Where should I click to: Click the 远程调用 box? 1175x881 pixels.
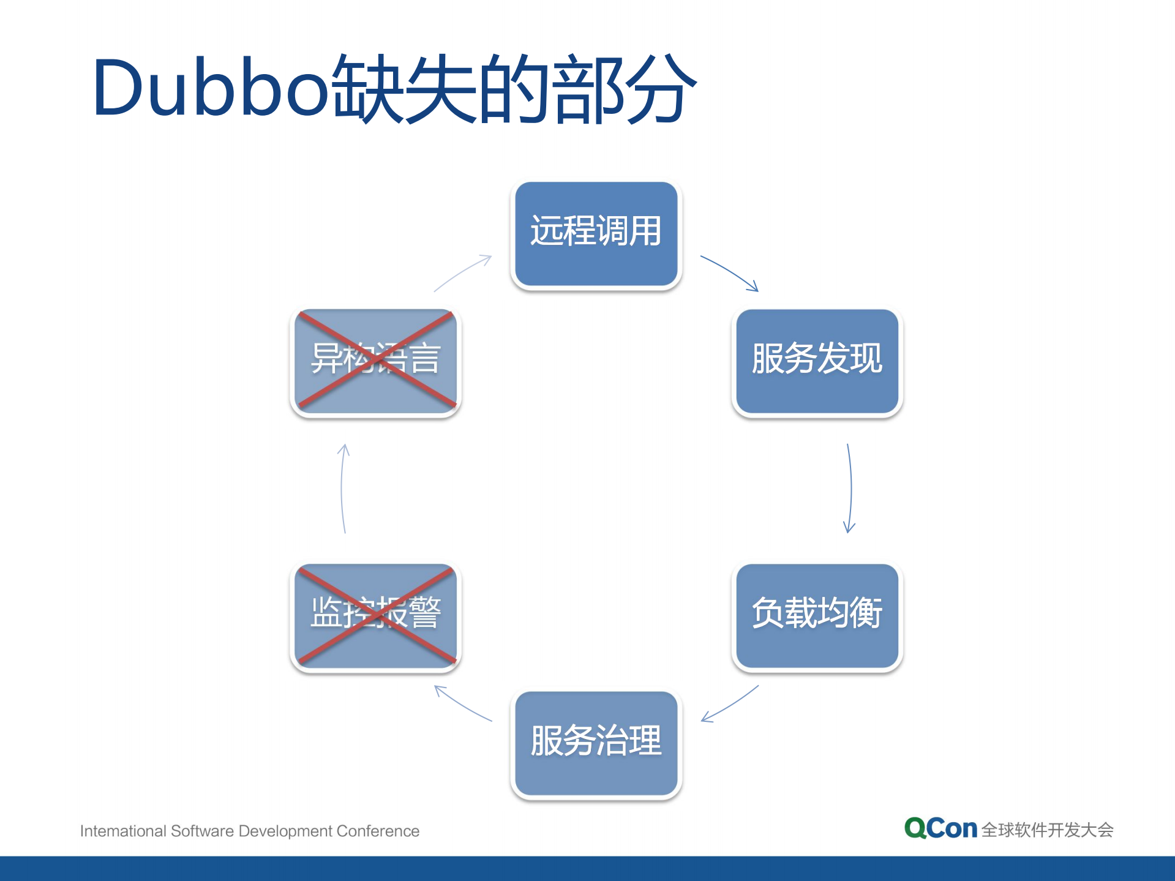596,233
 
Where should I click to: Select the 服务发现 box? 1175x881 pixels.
817,361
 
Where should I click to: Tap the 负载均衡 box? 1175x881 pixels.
817,615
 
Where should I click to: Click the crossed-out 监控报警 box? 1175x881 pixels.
375,615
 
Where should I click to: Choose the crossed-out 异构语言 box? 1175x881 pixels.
375,361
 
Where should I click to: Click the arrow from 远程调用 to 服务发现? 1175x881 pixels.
729,272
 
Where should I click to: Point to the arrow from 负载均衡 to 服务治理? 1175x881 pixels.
730,704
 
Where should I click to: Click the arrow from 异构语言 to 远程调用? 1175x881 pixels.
462,272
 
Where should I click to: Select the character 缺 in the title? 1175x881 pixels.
367,88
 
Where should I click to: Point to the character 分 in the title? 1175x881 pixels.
661,88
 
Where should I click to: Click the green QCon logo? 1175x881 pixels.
940,828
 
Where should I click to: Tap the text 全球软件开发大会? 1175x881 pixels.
1047,830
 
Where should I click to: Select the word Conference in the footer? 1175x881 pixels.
378,831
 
